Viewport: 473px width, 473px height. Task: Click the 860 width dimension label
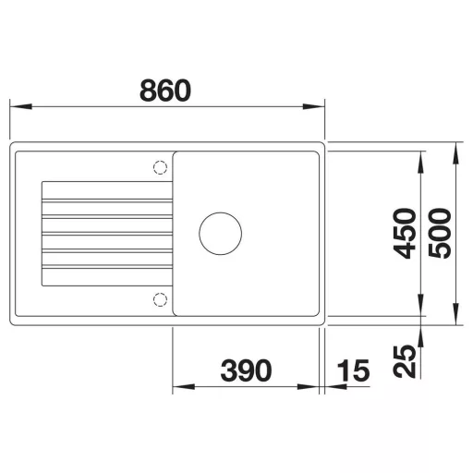165,91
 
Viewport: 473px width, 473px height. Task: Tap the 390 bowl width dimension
246,370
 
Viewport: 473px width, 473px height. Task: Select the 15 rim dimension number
353,370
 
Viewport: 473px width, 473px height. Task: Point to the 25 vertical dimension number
405,361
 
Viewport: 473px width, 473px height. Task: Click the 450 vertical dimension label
405,234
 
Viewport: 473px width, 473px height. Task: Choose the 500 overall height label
440,234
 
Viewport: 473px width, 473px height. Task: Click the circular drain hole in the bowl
220,234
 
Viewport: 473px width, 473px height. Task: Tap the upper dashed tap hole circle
160,167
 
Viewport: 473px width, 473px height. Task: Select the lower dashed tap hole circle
160,299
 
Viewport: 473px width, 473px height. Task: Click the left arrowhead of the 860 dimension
21,107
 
